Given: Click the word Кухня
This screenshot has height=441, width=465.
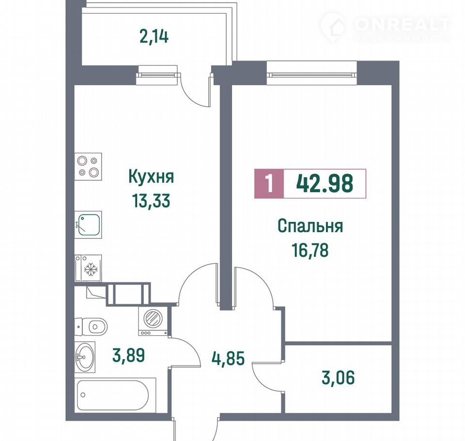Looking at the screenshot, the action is [x=151, y=177].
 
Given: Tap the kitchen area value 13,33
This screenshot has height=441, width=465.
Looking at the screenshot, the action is [x=151, y=201].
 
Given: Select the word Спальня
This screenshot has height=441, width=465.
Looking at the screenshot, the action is [x=310, y=226].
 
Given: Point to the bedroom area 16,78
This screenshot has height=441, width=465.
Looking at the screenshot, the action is [x=310, y=250].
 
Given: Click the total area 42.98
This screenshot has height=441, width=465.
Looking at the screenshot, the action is [x=325, y=183].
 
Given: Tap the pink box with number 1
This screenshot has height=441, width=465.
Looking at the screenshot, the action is [x=269, y=183].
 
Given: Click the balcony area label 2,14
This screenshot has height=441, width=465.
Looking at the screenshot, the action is [x=154, y=37].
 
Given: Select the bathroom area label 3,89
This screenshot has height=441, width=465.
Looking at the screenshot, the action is [x=128, y=355].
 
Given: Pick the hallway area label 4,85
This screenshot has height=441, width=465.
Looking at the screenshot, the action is [x=228, y=358].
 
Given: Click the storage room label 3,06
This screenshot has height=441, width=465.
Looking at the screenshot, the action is [x=338, y=378].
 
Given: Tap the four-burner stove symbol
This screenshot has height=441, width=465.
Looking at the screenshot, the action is [x=88, y=167].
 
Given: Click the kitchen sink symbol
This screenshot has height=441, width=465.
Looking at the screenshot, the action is [x=88, y=225].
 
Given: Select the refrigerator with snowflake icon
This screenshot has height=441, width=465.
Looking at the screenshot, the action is [x=88, y=268].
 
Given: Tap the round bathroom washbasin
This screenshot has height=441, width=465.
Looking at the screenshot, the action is [x=85, y=357].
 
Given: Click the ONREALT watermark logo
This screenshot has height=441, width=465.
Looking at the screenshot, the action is [x=386, y=26].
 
